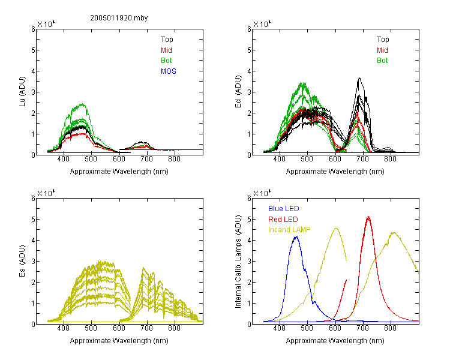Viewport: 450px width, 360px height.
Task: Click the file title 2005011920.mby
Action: (x=119, y=18)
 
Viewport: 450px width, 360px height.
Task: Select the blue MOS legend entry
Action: (x=169, y=71)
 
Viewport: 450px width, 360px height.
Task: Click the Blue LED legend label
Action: (x=284, y=209)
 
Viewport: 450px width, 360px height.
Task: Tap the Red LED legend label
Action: (x=283, y=220)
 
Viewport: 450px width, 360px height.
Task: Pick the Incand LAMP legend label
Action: (x=289, y=230)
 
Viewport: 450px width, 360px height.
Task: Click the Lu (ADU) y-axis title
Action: (x=22, y=92)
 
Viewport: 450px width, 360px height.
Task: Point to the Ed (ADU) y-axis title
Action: (x=238, y=92)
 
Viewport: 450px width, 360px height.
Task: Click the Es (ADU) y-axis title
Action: (x=22, y=261)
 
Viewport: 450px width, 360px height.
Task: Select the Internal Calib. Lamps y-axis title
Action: (x=238, y=262)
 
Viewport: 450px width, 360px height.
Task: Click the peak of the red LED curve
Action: (x=368, y=217)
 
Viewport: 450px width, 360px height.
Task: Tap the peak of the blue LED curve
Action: (x=296, y=237)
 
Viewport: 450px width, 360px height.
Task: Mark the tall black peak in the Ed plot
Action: (x=359, y=77)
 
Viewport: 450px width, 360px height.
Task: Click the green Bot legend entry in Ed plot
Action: (x=382, y=61)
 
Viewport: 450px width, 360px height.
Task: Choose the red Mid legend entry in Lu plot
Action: (x=166, y=50)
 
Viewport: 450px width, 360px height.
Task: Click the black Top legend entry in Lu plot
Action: (x=167, y=40)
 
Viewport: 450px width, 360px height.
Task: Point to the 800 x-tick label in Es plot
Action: (x=174, y=328)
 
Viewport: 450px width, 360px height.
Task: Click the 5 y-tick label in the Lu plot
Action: (x=33, y=50)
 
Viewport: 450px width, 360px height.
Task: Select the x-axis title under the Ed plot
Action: (x=335, y=172)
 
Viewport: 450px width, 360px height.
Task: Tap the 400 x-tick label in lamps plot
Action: (x=279, y=328)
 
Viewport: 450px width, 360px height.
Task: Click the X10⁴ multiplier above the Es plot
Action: (x=46, y=193)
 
